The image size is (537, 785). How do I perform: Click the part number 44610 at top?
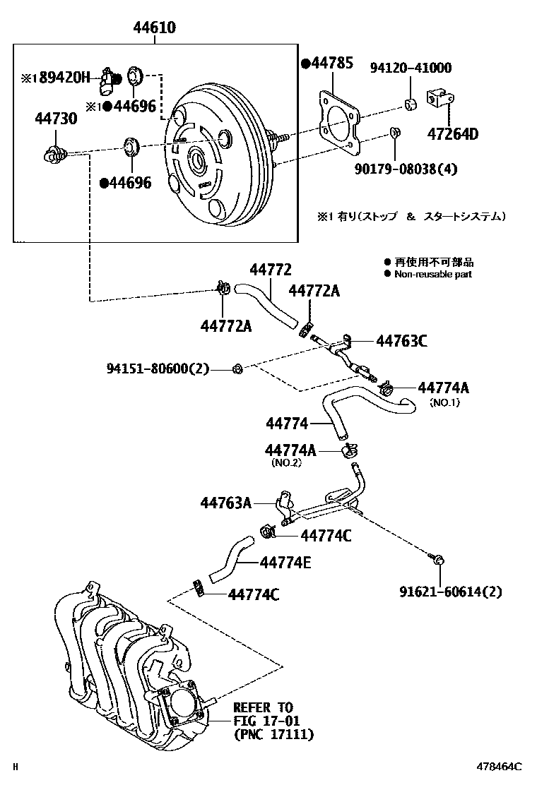pos(155,28)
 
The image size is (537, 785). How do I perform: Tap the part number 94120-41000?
pos(411,68)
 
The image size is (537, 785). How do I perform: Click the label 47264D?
pos(452,134)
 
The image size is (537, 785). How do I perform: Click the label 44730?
pos(56,119)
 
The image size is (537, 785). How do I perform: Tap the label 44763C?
pos(401,342)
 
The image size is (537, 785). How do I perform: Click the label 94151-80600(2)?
pos(158,368)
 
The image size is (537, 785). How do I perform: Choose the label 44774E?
pos(285,563)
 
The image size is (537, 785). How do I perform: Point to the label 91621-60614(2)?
pos(450,592)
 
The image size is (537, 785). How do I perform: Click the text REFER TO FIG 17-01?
pos(267,714)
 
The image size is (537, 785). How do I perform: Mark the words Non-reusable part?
pos(432,274)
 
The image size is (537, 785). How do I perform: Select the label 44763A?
pos(225,503)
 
